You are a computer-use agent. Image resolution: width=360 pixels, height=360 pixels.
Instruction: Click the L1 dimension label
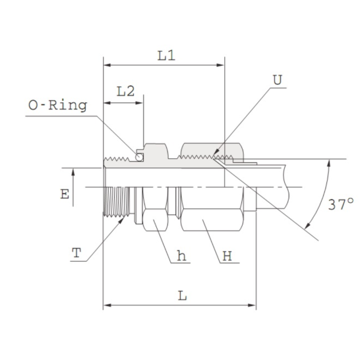click(166, 56)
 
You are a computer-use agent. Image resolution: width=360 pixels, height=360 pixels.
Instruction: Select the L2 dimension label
click(125, 91)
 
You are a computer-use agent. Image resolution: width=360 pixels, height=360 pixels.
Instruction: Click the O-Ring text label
click(57, 105)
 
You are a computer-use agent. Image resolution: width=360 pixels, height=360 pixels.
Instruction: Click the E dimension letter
click(64, 195)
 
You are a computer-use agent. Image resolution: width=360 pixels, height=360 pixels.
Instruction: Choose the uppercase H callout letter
click(227, 258)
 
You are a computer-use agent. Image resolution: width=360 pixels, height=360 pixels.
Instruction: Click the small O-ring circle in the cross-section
click(140, 156)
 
